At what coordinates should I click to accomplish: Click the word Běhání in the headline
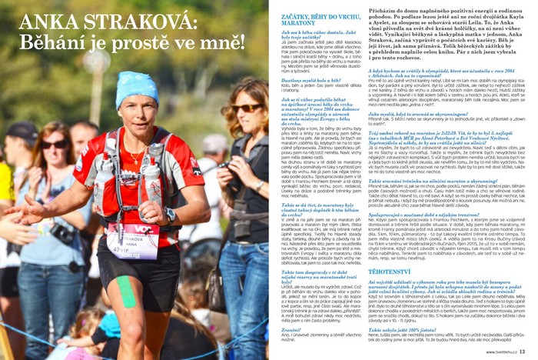57,42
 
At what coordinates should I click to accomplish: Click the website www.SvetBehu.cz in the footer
500,352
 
